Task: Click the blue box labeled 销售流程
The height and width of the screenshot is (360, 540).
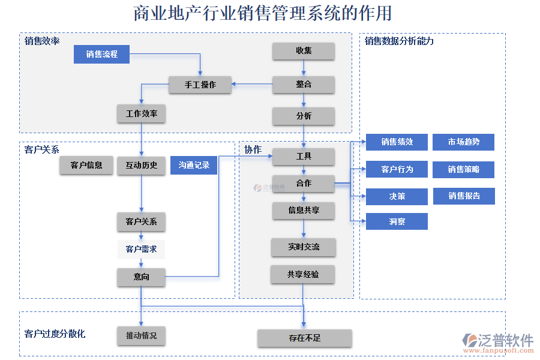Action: (101, 55)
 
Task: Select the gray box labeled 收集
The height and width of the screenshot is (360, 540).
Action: (304, 51)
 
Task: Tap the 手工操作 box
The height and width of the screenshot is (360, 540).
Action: (200, 85)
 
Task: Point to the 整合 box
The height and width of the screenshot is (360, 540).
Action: (304, 85)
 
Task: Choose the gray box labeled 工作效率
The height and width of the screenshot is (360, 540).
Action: (142, 113)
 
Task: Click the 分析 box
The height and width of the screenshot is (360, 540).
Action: (304, 116)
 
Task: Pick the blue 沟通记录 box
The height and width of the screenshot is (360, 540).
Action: (194, 165)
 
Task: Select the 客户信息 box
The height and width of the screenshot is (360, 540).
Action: (86, 165)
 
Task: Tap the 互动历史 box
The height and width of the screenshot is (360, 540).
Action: (142, 165)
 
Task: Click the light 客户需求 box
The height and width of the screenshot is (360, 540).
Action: (142, 249)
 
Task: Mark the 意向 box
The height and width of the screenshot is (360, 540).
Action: (142, 277)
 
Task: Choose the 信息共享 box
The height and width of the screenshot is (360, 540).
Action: (304, 211)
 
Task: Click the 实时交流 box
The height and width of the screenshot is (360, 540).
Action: (304, 247)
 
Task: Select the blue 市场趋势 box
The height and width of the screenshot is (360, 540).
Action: (463, 142)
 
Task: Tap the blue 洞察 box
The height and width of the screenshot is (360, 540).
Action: (397, 221)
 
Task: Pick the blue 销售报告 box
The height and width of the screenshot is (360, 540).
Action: (464, 196)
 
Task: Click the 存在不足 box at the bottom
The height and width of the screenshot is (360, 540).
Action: (304, 338)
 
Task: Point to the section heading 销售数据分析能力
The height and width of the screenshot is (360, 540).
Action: (399, 41)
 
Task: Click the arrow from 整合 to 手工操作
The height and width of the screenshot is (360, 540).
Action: (253, 85)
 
